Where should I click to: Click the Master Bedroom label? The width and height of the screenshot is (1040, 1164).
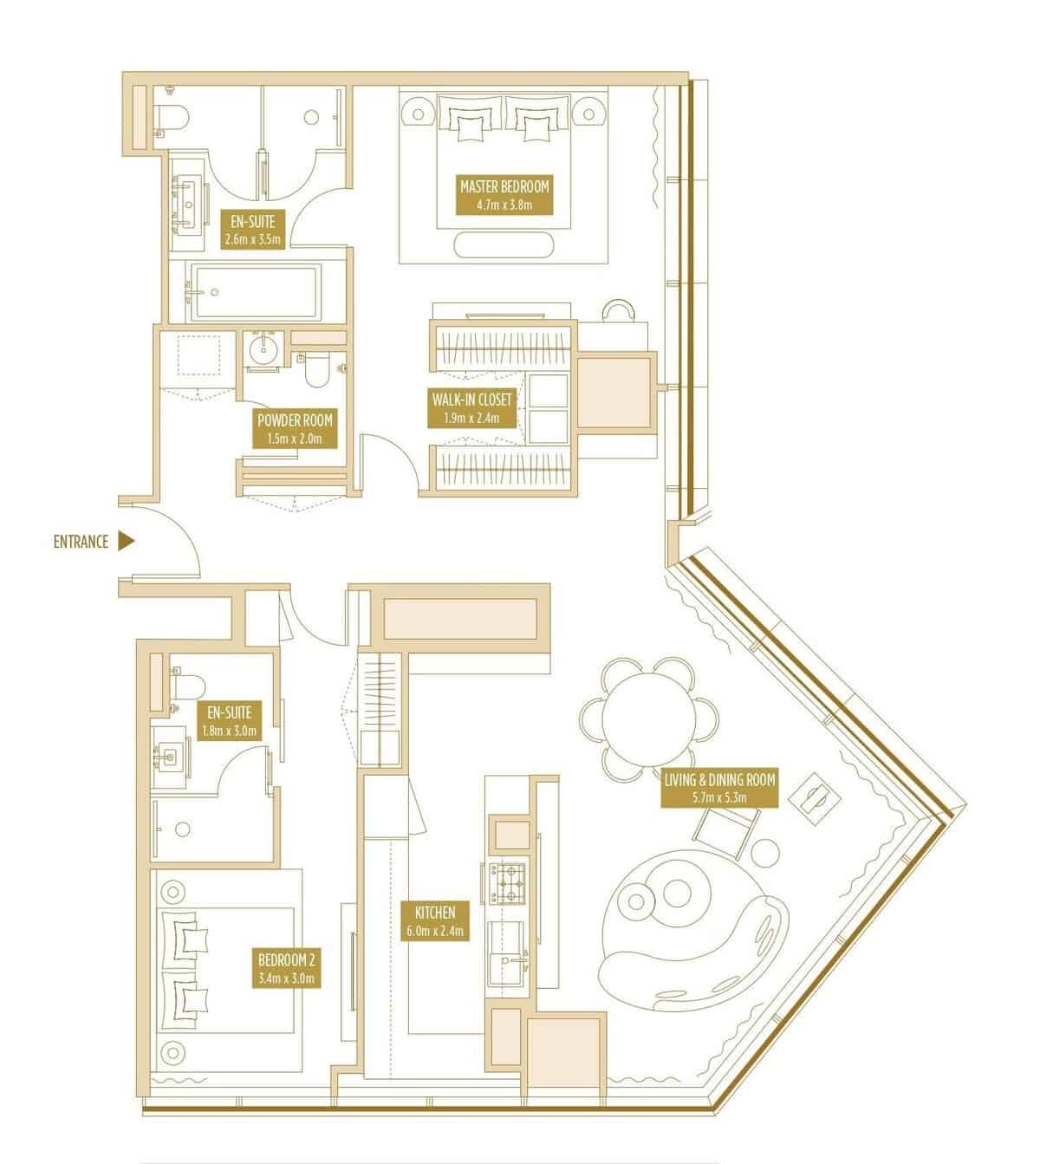pos(504,194)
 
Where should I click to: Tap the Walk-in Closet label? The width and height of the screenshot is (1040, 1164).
pos(471,408)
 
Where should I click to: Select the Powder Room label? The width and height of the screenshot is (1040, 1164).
pos(295,429)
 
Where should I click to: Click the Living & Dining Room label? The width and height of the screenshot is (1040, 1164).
pos(719,788)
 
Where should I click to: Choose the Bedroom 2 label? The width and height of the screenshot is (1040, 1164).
pos(286,968)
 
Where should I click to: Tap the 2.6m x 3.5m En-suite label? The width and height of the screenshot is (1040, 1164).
pos(253,229)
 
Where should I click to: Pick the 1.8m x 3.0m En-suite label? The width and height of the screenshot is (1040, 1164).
pos(230,721)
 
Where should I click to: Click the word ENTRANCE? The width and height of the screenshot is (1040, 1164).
pos(81,542)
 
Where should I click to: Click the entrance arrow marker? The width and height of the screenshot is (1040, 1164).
pos(126,541)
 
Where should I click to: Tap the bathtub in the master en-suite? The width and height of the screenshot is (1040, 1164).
pos(253,292)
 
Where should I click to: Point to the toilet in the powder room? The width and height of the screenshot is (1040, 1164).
pos(315,369)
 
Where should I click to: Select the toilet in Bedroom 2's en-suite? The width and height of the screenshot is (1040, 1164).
pos(188,686)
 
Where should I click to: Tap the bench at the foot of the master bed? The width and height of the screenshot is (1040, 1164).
pos(504,245)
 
